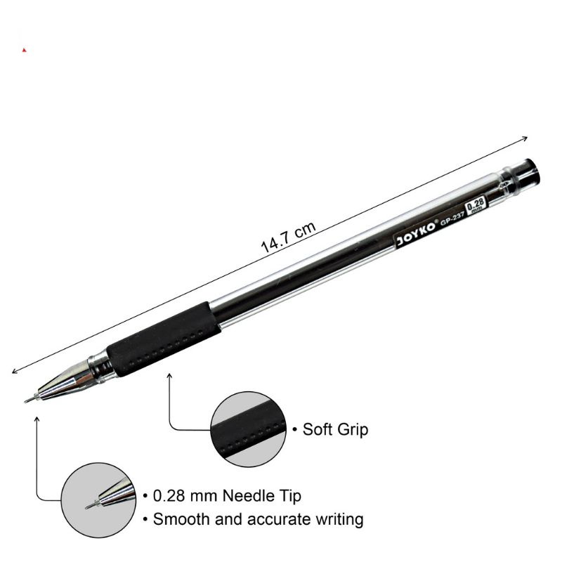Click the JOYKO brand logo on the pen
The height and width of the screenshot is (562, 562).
pos(417,234)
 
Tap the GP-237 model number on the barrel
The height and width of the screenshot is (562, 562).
pos(452,218)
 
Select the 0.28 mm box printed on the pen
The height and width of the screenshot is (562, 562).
pos(476,204)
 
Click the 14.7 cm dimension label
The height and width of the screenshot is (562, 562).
pos(288,237)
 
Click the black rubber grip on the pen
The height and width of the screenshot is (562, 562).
pos(164,339)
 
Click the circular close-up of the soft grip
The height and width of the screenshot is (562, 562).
pos(248,429)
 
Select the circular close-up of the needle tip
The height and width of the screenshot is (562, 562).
pos(98,500)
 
